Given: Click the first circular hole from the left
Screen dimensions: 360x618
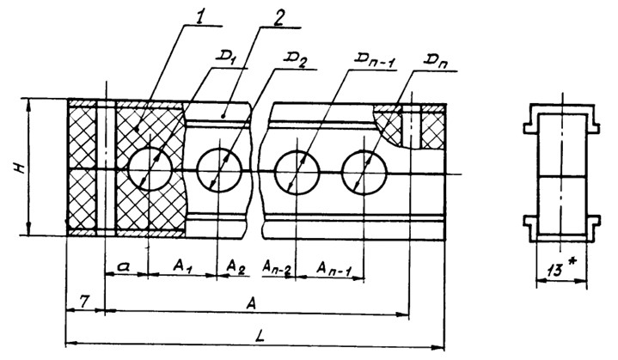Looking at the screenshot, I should point(150,167).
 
